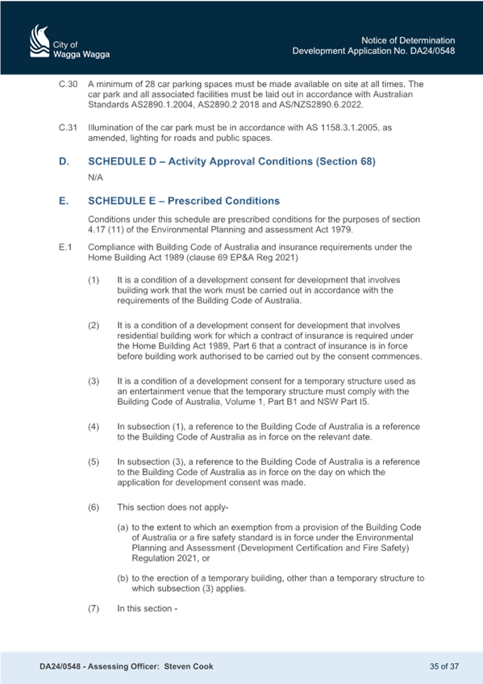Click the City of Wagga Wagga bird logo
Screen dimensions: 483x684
click(x=40, y=40)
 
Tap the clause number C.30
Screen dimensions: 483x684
click(x=68, y=84)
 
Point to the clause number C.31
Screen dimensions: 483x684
click(x=68, y=127)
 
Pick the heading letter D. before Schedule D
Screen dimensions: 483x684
click(x=64, y=161)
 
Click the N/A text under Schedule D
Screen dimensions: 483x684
click(x=95, y=177)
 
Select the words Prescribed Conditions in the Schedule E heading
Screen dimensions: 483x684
click(x=223, y=201)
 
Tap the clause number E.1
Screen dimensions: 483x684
click(x=65, y=247)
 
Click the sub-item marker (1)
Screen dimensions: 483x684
click(x=94, y=280)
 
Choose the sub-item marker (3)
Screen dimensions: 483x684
click(x=94, y=381)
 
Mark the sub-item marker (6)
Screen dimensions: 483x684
click(x=94, y=507)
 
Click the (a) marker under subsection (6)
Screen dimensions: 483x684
click(x=123, y=527)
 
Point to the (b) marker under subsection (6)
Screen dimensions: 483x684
click(x=123, y=578)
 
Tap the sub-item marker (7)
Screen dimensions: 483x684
click(x=94, y=608)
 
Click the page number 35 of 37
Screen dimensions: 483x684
click(x=444, y=666)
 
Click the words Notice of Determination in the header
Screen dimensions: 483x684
click(x=408, y=40)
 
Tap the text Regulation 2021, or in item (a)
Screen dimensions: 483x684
click(x=171, y=558)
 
